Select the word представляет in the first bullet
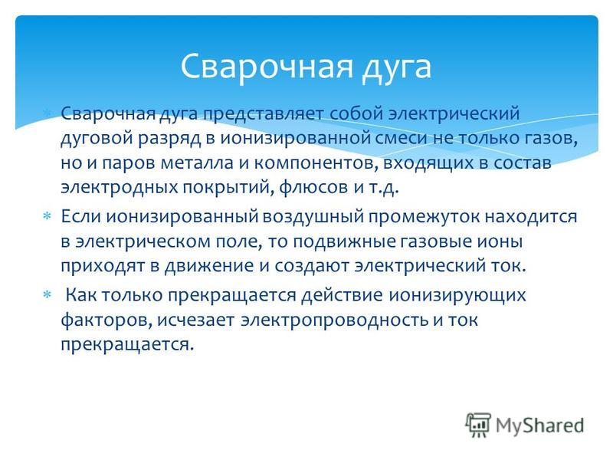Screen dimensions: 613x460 (263, 113)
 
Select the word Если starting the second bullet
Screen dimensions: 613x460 (80, 216)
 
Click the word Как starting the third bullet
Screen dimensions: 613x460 (81, 294)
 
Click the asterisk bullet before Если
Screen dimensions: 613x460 (47, 216)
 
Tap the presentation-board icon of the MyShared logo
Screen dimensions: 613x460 (478, 425)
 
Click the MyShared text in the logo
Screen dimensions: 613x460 (540, 426)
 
